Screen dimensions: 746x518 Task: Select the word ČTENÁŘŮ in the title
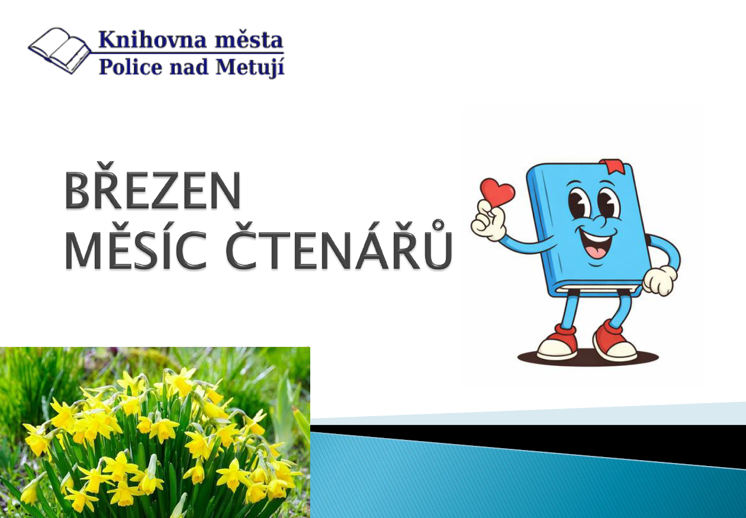[x=339, y=244]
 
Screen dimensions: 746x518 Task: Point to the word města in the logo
[x=249, y=40]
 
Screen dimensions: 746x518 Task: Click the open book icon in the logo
[x=59, y=50]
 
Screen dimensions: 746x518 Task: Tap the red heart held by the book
[x=497, y=192]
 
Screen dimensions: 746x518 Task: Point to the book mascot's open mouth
[x=597, y=243]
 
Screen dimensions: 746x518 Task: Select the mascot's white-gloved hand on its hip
[x=660, y=280]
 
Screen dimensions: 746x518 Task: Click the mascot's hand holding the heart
[x=488, y=221]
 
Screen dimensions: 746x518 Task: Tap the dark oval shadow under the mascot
[x=588, y=358]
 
